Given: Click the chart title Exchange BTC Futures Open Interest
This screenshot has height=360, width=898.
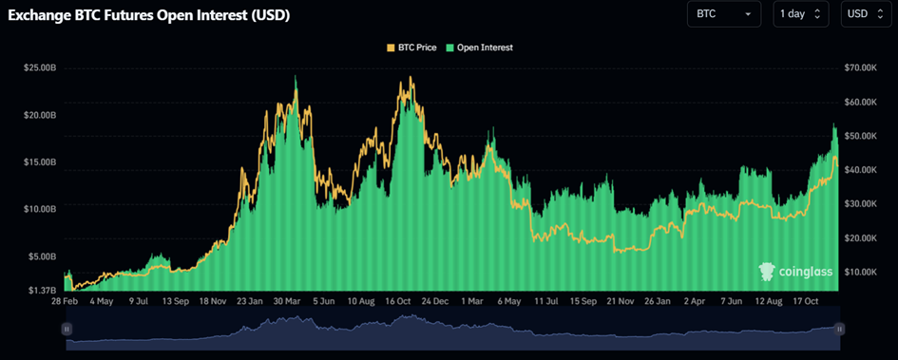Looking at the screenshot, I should pos(149,16).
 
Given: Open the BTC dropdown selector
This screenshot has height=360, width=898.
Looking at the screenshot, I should pos(724,14).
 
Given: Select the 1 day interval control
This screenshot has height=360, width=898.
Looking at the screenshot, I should pos(800,14).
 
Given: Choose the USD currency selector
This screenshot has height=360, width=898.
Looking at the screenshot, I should pos(864,14).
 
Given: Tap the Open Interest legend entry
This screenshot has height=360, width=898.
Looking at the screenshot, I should pos(481,47).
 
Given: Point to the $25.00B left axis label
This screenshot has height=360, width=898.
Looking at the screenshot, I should pos(41,68).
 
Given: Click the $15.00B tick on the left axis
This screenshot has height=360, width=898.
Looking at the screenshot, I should pos(41,161).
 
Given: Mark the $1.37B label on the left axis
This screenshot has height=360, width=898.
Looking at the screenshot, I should pos(43,289).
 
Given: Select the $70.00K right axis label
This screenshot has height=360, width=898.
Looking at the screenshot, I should pos(864,68).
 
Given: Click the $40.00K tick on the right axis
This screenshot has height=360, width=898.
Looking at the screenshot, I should pos(864,170).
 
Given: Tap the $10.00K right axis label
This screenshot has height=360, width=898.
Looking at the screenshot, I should pos(864,272).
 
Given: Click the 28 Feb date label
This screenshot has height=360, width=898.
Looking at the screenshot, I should pos(65,301).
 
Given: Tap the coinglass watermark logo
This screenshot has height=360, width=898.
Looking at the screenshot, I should pos(796,273).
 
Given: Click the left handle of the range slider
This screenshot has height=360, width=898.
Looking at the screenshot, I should pos(67,329).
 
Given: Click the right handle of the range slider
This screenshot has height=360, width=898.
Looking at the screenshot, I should pos(839,329).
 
